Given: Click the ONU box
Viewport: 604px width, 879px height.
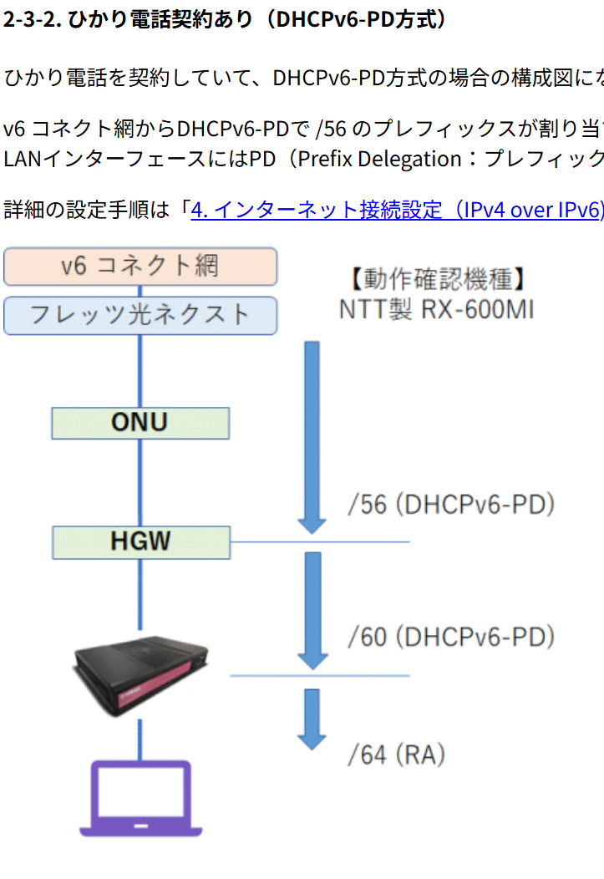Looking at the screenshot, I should (140, 423).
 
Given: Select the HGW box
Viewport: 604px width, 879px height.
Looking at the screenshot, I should (140, 541).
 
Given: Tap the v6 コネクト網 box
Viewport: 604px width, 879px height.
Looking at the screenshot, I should (140, 267).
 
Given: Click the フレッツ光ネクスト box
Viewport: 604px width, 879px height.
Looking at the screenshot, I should (140, 315).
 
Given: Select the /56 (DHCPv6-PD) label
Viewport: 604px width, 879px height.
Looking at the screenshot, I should (451, 505).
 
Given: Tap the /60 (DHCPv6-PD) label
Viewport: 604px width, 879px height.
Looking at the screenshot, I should (451, 637).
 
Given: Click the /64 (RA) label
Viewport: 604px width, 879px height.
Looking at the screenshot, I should (396, 755).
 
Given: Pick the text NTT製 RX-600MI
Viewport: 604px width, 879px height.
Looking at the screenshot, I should (436, 309).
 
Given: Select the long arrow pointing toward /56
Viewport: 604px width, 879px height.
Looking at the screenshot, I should (312, 434).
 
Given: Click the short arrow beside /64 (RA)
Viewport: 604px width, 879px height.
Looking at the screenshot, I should (312, 719).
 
